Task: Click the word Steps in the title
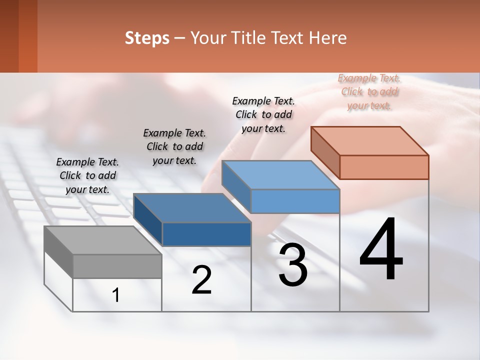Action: coord(147,38)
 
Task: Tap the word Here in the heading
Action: coord(327,38)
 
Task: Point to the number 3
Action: coord(293,265)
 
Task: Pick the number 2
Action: coord(201,280)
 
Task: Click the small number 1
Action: coord(116,295)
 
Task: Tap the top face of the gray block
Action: coord(102,240)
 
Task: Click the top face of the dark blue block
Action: coord(192,207)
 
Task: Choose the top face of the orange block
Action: coord(370,141)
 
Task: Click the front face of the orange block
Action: coord(384,167)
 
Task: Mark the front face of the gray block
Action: coord(117,266)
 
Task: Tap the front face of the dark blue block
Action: coord(206,234)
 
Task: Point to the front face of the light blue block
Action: coord(295,201)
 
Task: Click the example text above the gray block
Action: coord(87,175)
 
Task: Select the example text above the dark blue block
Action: coord(174,146)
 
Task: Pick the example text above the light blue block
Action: coord(263,114)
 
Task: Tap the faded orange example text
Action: coord(369,91)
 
